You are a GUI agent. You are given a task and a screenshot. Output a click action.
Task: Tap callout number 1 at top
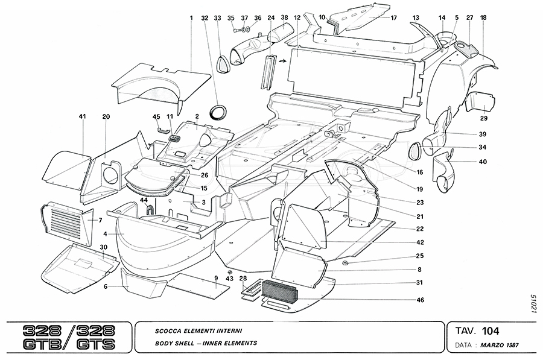click(191, 18)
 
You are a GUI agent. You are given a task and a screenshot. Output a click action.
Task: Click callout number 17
click(393, 18)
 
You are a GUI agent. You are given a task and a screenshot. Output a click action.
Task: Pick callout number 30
click(104, 247)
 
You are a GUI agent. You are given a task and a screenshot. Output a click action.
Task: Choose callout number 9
click(216, 277)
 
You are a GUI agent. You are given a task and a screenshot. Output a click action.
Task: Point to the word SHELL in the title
click(187, 343)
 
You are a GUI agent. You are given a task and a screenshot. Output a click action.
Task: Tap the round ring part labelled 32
click(218, 112)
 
